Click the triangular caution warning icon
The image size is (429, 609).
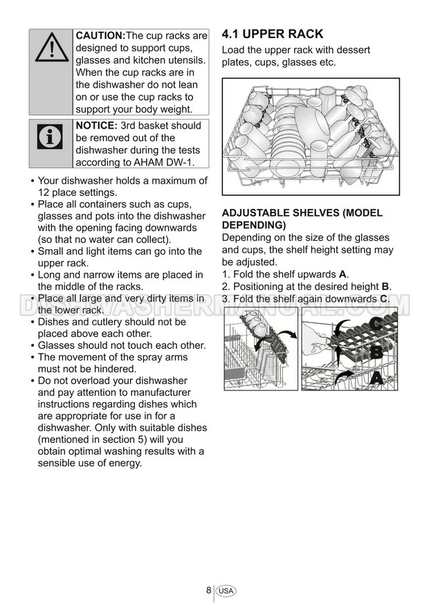click(51, 50)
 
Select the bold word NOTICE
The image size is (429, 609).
click(96, 125)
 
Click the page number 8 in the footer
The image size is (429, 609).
click(208, 590)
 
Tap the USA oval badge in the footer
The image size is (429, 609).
click(226, 591)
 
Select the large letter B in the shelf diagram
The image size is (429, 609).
click(376, 352)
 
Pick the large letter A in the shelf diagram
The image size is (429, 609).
click(376, 378)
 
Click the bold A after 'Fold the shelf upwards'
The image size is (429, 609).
click(343, 274)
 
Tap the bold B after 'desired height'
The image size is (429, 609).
click(385, 287)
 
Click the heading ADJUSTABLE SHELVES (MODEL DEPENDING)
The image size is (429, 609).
click(302, 219)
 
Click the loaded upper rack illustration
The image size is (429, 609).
click(311, 136)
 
